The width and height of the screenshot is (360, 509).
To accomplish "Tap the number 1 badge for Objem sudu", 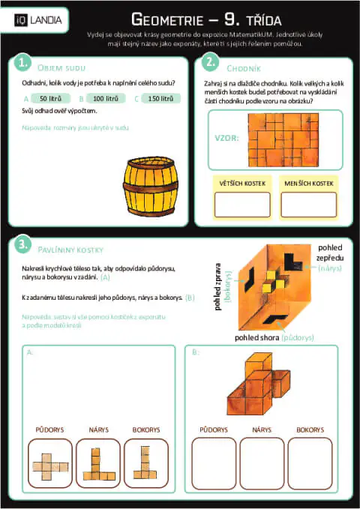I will [x=24, y=61].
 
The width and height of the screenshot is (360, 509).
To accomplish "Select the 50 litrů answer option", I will [x=50, y=98].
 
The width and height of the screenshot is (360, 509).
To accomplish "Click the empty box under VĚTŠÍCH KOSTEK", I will [x=242, y=205].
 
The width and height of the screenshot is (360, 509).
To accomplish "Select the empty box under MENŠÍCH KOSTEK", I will [x=309, y=205].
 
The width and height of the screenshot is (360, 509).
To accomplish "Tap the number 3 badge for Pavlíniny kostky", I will [x=24, y=244].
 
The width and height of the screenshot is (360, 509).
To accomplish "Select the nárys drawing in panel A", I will [x=97, y=463].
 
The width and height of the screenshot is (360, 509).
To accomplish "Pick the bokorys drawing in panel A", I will [x=145, y=463].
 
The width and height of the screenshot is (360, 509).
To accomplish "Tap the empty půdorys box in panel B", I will [x=214, y=463].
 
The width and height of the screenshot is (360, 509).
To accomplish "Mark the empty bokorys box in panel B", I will [x=310, y=463].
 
